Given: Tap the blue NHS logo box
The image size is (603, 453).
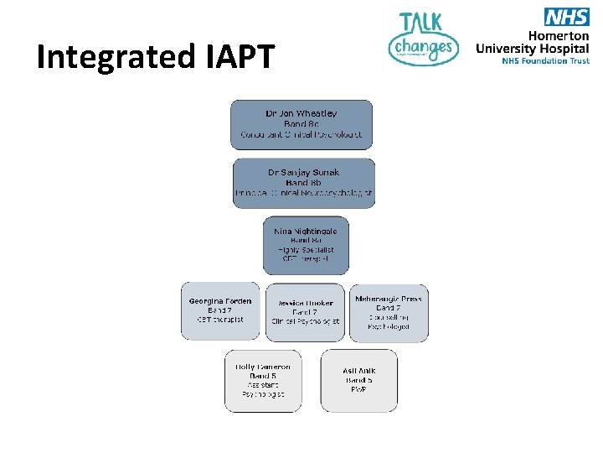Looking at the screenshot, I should (566, 16).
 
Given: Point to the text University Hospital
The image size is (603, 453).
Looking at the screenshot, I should (533, 49).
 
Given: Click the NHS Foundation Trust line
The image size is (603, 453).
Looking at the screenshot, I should (545, 60).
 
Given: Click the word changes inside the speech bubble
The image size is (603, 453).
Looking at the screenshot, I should (423, 47).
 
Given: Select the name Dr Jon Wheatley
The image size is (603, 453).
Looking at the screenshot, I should (301, 113).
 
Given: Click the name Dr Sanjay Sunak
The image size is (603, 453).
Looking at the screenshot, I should (304, 173).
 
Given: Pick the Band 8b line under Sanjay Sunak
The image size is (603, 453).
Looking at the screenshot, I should (303, 183).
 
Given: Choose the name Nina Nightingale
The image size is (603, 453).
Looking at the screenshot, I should (305, 230).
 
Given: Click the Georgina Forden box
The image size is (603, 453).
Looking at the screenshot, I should (220, 310).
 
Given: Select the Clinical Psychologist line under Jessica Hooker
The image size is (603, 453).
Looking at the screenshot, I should (305, 321).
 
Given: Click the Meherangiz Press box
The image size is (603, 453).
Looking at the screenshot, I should (388, 312).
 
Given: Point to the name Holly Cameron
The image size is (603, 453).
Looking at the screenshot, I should (263, 367).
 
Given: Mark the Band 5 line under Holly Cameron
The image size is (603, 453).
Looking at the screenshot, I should (263, 376).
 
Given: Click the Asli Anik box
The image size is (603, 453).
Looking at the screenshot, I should (359, 380).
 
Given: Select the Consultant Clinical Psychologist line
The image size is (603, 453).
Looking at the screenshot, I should (301, 134).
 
